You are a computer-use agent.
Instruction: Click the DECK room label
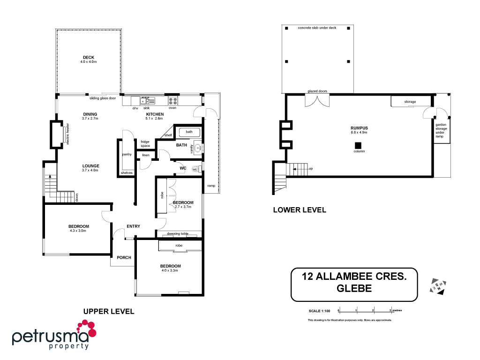point(89,58)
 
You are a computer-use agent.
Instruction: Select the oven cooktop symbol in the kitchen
point(172,100)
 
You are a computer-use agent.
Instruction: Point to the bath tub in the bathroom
point(189,132)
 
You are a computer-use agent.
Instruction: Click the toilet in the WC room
point(200,168)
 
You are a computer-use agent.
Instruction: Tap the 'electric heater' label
point(67,134)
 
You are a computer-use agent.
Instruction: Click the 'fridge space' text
point(145,143)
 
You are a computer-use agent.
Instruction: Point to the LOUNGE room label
point(90,166)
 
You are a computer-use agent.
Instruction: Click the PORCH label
point(124,257)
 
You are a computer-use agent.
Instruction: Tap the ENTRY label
point(133,226)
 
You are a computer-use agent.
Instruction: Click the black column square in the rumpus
point(358,145)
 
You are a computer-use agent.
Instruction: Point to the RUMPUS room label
point(359,128)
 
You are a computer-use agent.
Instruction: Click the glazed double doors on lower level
point(317,100)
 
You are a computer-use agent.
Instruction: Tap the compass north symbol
point(438,286)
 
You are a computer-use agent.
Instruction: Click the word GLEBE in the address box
point(354,289)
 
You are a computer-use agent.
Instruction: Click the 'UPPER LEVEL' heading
point(109,311)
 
